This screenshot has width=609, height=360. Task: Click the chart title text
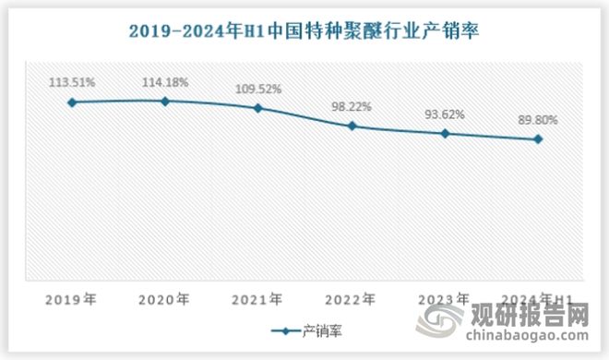point(304,32)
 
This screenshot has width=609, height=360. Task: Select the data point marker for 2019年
point(72,102)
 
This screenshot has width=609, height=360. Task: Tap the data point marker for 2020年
point(165,101)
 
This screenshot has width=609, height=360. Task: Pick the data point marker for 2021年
point(258,108)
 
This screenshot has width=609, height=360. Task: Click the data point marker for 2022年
point(352,126)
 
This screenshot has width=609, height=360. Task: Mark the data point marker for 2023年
point(446,133)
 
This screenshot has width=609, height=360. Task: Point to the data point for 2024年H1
point(539,139)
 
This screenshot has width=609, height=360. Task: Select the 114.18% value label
point(165,81)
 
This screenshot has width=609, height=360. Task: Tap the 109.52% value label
point(258,89)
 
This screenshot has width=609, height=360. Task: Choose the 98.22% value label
point(352,106)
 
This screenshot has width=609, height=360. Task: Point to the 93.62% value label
point(446,114)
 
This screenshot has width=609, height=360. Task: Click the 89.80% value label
point(539,120)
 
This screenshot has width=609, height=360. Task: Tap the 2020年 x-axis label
point(165,298)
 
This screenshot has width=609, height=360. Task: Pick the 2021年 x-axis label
point(258,298)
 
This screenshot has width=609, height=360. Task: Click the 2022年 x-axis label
point(352,298)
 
